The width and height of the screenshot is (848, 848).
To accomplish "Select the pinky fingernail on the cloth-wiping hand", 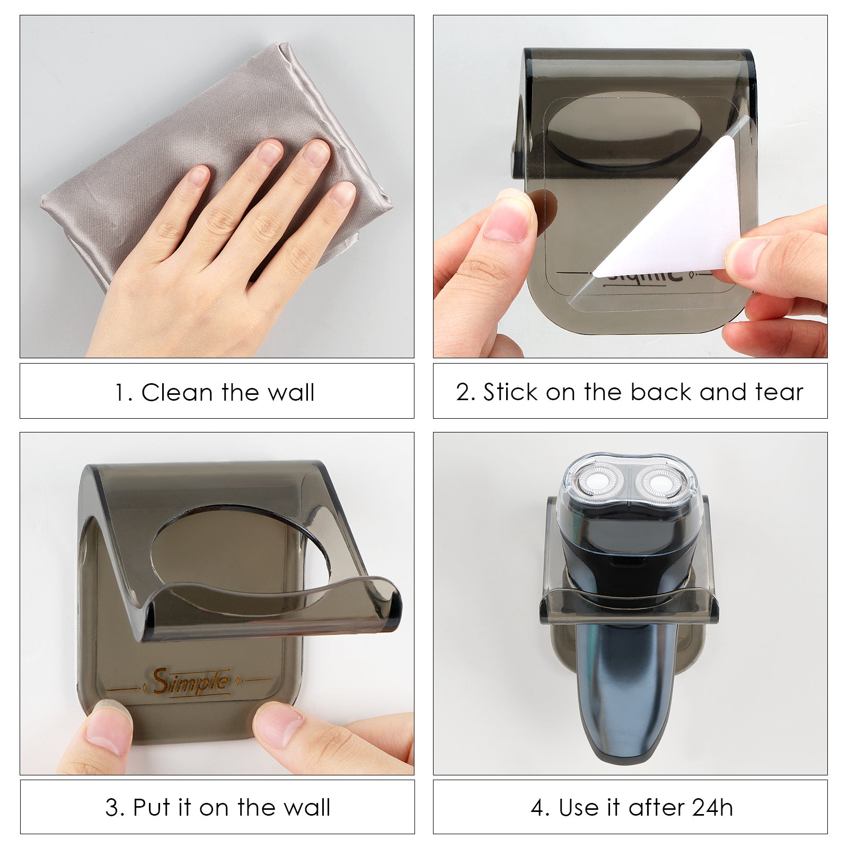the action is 342,194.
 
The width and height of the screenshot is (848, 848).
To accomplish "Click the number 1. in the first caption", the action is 124,393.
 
